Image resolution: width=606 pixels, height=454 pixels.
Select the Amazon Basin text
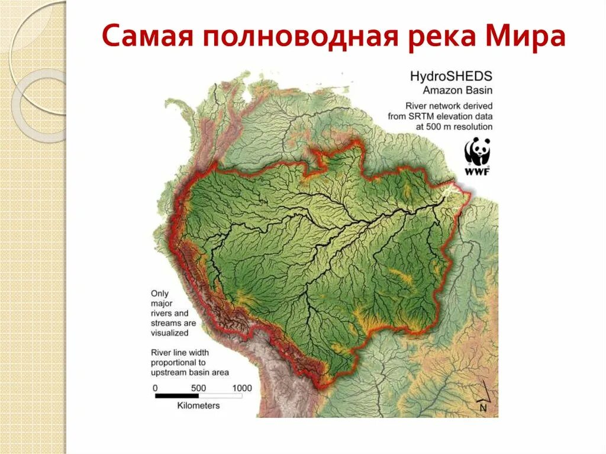(x=457, y=90)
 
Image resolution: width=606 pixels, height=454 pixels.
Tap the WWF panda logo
(x=477, y=152)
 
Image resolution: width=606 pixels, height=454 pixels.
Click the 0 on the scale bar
(x=155, y=388)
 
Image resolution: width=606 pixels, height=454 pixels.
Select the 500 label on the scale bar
(x=198, y=388)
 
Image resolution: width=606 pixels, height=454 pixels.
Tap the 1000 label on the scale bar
(x=241, y=388)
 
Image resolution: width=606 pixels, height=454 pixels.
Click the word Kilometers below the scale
(x=198, y=405)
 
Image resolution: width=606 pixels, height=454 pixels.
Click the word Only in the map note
(x=159, y=294)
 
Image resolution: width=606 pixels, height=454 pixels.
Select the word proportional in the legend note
(x=178, y=362)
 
